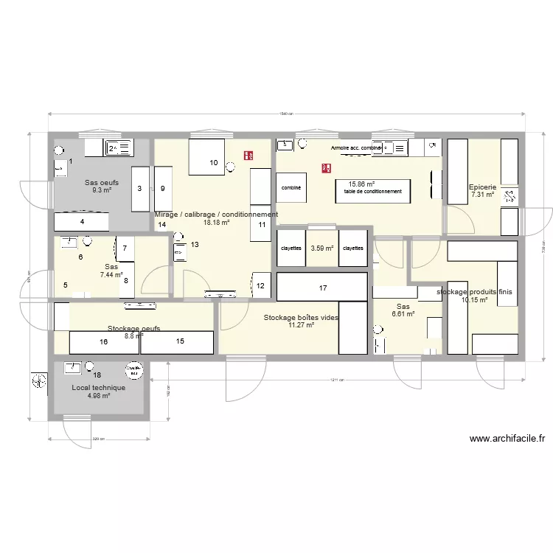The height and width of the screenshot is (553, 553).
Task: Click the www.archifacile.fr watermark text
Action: pos(507,439)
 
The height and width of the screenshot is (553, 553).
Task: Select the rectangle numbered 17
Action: pos(322,287)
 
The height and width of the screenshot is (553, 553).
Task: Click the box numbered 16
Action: pos(103,342)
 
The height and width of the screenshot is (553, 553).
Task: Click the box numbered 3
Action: pos(140,189)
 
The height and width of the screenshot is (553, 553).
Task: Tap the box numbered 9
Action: pos(163,189)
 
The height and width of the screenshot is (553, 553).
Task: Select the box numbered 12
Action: pos(261,285)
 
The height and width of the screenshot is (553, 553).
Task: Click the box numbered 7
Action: pos(125,248)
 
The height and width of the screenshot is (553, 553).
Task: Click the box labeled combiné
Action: pos(291,188)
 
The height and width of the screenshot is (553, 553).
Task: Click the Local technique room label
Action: pos(98,387)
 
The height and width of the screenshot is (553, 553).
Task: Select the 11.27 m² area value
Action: pos(301,324)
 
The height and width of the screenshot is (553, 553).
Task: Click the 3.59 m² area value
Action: pos(321,248)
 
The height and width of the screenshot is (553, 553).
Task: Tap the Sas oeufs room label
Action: pos(101,182)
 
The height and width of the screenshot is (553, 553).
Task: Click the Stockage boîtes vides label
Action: pos(301,317)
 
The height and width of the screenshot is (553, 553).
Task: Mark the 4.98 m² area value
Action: pos(98,396)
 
